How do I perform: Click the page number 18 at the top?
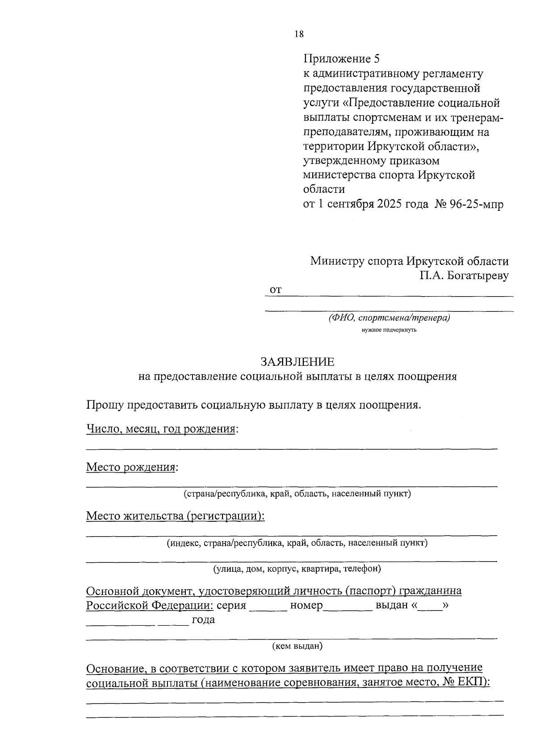tap(299, 34)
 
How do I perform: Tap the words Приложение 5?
tap(341, 59)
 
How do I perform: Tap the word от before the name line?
tap(276, 290)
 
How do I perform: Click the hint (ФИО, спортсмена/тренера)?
tap(389, 318)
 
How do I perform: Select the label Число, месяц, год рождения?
tap(161, 429)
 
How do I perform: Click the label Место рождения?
tap(130, 467)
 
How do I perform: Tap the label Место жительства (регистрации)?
tap(175, 516)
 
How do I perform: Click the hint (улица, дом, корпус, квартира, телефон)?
tap(297, 569)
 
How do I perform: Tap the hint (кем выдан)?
tap(297, 645)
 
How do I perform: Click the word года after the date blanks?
tap(203, 620)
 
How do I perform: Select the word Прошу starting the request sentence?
tap(105, 405)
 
